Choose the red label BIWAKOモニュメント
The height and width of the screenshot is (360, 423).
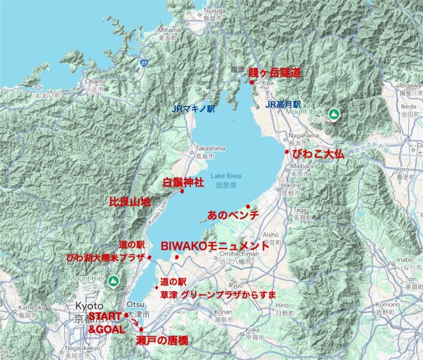(x=215, y=246)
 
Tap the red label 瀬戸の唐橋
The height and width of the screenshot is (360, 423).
(x=161, y=341)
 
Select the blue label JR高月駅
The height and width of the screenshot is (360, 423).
(x=284, y=104)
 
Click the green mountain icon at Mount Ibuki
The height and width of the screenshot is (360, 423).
(x=334, y=114)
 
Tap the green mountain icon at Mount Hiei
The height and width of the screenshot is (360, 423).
(x=114, y=280)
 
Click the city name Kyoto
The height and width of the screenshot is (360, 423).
(x=86, y=305)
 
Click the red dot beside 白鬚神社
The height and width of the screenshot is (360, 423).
(x=182, y=191)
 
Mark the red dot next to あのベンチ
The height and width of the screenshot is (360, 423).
(x=248, y=207)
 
